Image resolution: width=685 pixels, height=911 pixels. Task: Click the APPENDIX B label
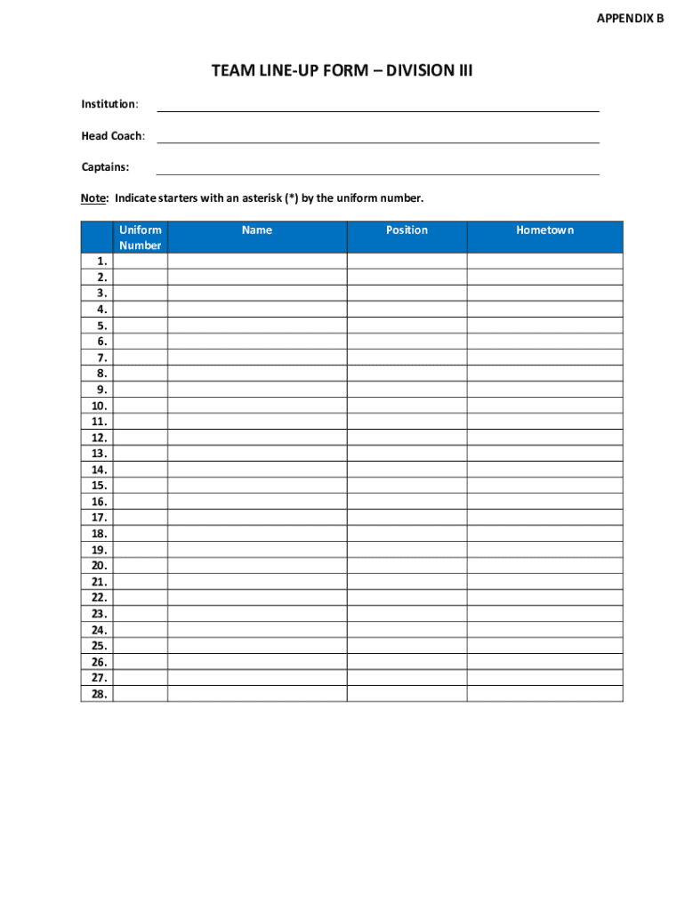coord(631,18)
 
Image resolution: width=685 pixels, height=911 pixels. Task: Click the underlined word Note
coord(94,198)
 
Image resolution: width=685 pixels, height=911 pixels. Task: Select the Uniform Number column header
coord(141,238)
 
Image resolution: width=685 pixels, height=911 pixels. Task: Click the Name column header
coord(257,230)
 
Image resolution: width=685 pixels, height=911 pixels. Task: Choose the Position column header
coord(407,230)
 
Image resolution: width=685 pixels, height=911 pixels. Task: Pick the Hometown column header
coord(544,230)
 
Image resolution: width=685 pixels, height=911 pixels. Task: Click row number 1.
coord(103,262)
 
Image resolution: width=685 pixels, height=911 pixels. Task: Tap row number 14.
coord(100,470)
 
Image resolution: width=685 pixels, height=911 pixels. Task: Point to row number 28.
coord(100,694)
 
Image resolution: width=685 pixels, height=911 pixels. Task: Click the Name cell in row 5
coord(257,326)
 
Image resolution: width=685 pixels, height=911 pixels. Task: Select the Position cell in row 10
coord(407,406)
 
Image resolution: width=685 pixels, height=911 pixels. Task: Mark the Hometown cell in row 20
coord(544,566)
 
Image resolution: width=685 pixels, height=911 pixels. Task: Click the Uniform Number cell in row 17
coord(141,518)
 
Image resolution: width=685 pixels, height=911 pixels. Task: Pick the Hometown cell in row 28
coord(544,694)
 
